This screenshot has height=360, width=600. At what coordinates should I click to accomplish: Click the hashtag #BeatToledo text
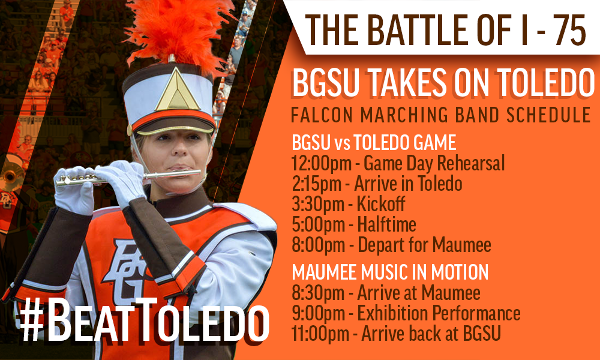point(144,320)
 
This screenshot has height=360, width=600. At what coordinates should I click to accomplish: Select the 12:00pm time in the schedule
point(321,163)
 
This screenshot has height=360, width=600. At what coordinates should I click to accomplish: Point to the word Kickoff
point(381,204)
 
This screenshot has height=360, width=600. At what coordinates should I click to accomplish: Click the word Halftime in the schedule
point(386,224)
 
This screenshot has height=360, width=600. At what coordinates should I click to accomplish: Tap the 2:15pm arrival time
point(316,184)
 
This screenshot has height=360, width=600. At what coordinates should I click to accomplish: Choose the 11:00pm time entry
point(320,334)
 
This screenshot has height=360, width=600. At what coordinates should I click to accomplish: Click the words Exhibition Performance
point(439,313)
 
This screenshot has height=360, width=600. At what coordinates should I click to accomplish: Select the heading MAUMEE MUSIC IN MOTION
point(390,272)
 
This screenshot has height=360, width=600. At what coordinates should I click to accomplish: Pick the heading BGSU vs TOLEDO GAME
point(374,143)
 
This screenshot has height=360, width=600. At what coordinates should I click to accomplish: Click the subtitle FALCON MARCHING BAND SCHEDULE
point(441,115)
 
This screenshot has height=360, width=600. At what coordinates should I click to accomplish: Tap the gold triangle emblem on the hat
point(177,91)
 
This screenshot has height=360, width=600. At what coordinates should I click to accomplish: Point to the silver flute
point(128,176)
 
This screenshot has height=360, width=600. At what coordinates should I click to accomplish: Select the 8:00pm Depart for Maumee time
point(318,245)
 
